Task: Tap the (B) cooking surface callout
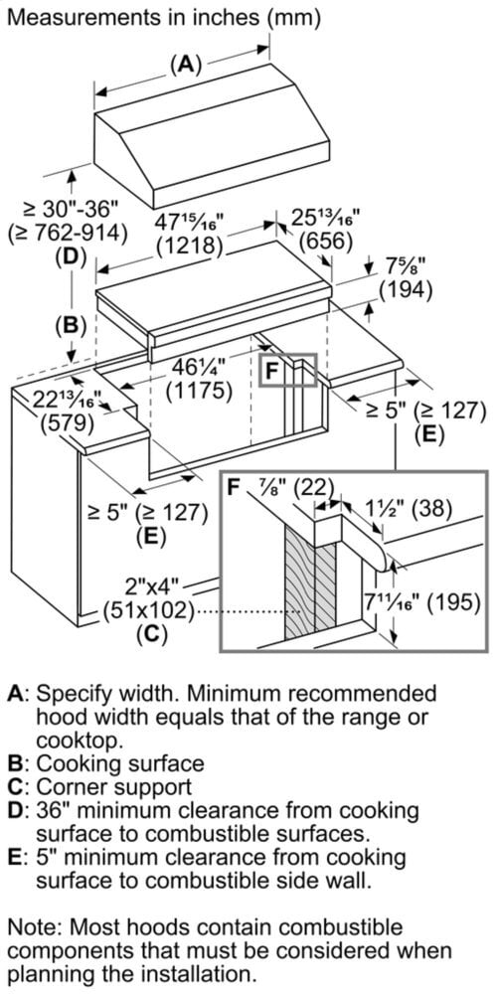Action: [71, 325]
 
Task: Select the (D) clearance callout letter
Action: [71, 257]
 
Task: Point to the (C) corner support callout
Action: [153, 633]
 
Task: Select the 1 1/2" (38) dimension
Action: [400, 508]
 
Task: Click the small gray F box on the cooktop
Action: [288, 370]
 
